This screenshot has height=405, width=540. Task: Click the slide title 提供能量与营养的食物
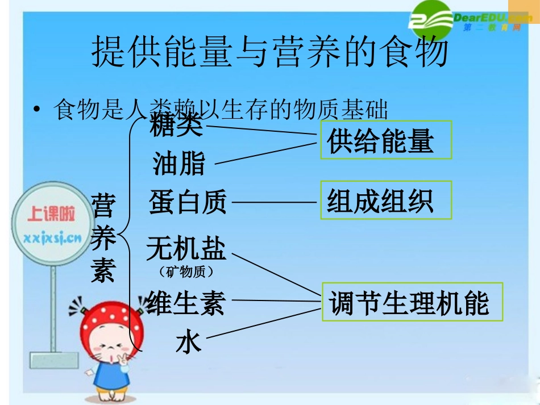click(x=270, y=52)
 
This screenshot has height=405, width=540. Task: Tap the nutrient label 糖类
click(x=176, y=125)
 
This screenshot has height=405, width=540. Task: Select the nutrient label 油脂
click(x=178, y=164)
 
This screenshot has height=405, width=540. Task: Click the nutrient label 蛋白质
click(x=188, y=202)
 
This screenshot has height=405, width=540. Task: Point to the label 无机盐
click(x=186, y=249)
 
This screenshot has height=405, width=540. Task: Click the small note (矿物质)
click(x=186, y=273)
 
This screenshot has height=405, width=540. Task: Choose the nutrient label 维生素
click(x=186, y=302)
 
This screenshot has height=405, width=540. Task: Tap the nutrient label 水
click(x=188, y=342)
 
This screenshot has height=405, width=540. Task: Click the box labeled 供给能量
click(x=386, y=140)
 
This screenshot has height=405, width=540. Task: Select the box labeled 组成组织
click(x=386, y=200)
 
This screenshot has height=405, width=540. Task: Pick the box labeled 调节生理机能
click(x=413, y=302)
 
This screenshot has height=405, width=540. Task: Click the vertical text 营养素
click(x=103, y=237)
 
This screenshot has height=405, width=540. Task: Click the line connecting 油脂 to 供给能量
click(x=264, y=153)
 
